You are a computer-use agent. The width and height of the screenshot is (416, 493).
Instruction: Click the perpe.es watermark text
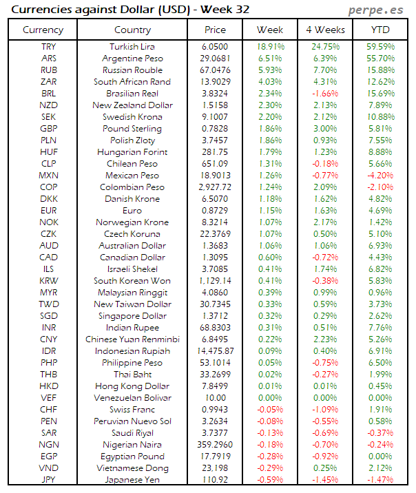377,10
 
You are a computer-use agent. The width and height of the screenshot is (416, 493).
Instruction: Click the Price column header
215,30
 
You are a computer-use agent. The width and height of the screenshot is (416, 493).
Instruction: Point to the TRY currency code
49,46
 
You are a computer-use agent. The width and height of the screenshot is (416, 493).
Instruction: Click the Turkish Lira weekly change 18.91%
269,46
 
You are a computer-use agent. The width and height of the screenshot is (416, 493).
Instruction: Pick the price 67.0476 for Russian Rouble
215,70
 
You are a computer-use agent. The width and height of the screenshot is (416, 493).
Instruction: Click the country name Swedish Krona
132,117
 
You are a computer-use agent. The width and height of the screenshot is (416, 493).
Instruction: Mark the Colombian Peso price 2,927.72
215,187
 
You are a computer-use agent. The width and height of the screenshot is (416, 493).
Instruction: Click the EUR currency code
49,211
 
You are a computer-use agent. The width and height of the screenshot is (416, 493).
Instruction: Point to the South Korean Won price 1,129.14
215,281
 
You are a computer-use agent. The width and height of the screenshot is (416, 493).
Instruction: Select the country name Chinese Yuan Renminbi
132,339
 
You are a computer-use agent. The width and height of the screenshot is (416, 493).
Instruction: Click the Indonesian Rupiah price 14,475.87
215,351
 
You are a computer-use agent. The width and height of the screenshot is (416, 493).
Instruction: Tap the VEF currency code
49,398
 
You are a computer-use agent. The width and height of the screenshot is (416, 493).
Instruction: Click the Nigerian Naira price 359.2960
215,445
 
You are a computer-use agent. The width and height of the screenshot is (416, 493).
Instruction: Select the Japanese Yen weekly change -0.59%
269,480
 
